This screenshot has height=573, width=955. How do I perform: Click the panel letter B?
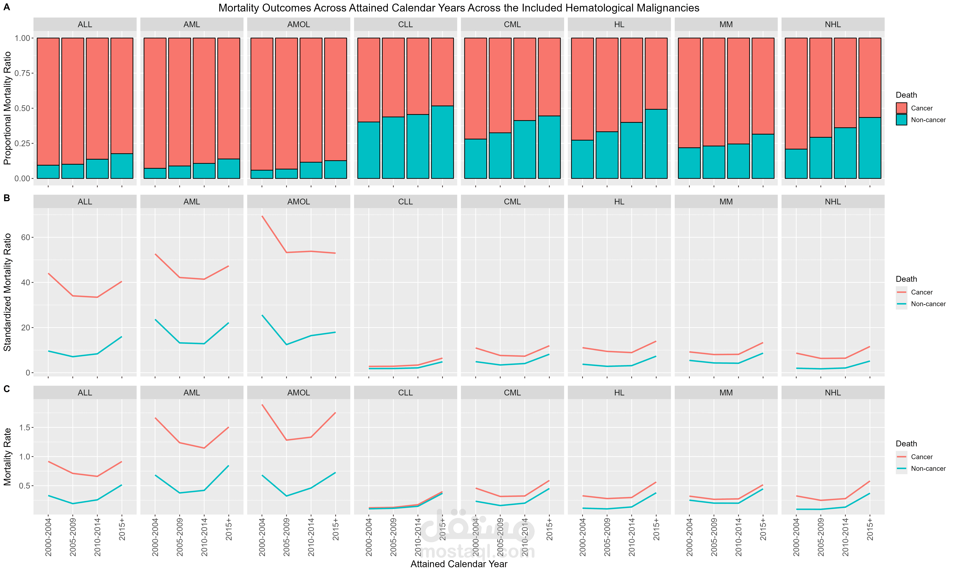tap(7, 198)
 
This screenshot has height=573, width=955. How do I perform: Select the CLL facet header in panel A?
tap(405, 24)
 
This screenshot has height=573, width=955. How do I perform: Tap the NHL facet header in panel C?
tap(833, 393)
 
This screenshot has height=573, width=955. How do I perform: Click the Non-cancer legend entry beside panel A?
tap(921, 120)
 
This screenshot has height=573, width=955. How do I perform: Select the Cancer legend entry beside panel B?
tap(915, 292)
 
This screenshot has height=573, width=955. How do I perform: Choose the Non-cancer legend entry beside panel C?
tap(921, 468)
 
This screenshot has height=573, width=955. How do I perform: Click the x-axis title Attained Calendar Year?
tap(459, 564)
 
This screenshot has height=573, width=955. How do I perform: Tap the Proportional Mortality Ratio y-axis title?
tap(7, 108)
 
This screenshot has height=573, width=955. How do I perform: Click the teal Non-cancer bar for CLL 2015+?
tap(442, 142)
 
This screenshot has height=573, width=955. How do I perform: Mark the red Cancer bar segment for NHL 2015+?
tap(870, 78)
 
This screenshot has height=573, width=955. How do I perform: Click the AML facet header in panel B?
tap(192, 202)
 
